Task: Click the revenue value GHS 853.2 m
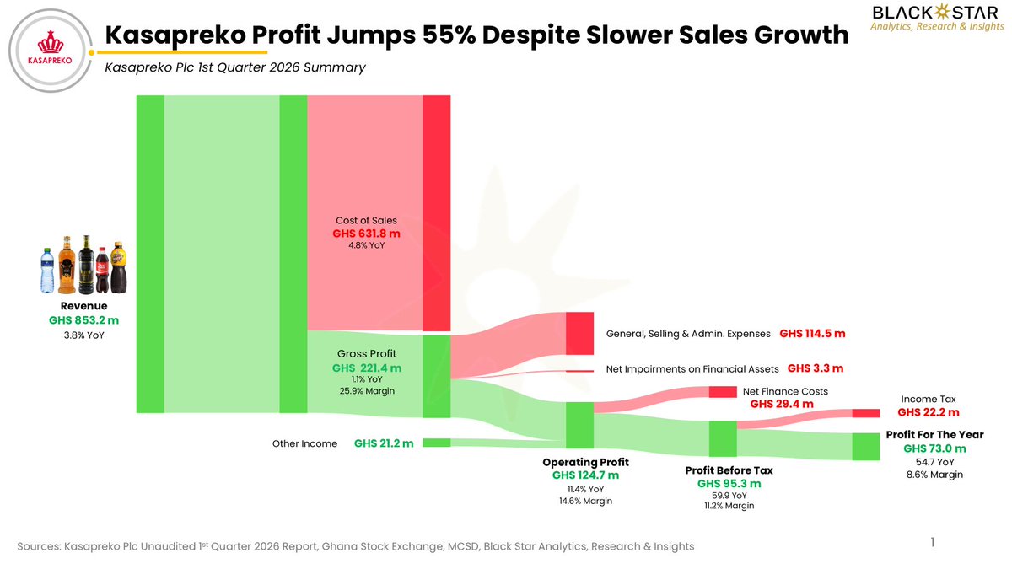click(x=84, y=320)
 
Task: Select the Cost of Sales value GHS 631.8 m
click(x=366, y=234)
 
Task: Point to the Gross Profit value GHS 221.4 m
click(x=367, y=368)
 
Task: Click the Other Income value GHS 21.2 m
click(x=384, y=443)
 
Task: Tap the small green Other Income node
click(x=437, y=443)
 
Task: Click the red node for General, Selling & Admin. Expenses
click(x=579, y=333)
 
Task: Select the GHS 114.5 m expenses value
click(x=812, y=334)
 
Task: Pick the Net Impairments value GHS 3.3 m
click(x=816, y=368)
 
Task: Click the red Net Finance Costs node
click(x=723, y=392)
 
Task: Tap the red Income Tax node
click(x=866, y=413)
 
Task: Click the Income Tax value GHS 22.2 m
click(x=929, y=412)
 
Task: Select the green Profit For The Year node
click(x=866, y=447)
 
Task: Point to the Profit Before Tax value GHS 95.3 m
click(x=729, y=484)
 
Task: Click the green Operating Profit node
click(x=579, y=425)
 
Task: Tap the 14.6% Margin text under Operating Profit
click(x=585, y=502)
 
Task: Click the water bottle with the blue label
click(x=47, y=270)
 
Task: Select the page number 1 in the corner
click(x=933, y=542)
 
